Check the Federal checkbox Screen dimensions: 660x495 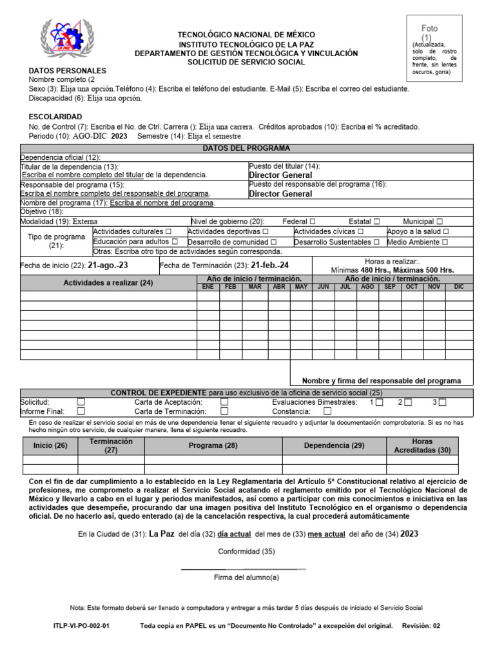313,221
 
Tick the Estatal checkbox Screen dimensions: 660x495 376,221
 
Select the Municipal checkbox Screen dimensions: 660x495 439,221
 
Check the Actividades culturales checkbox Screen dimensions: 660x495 168,231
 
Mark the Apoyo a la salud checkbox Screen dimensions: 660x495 446,231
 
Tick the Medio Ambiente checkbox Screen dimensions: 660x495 444,242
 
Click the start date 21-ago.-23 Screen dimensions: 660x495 108,266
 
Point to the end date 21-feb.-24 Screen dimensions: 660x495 270,266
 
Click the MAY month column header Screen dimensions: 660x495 300,286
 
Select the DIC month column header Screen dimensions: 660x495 459,286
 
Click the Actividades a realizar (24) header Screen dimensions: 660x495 108,283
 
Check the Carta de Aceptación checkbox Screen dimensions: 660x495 224,402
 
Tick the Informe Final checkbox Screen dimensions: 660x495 81,411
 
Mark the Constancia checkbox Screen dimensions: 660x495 327,411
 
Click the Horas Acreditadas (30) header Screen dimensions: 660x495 422,445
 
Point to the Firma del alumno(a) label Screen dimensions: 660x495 247,577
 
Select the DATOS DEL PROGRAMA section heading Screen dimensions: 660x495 247,148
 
